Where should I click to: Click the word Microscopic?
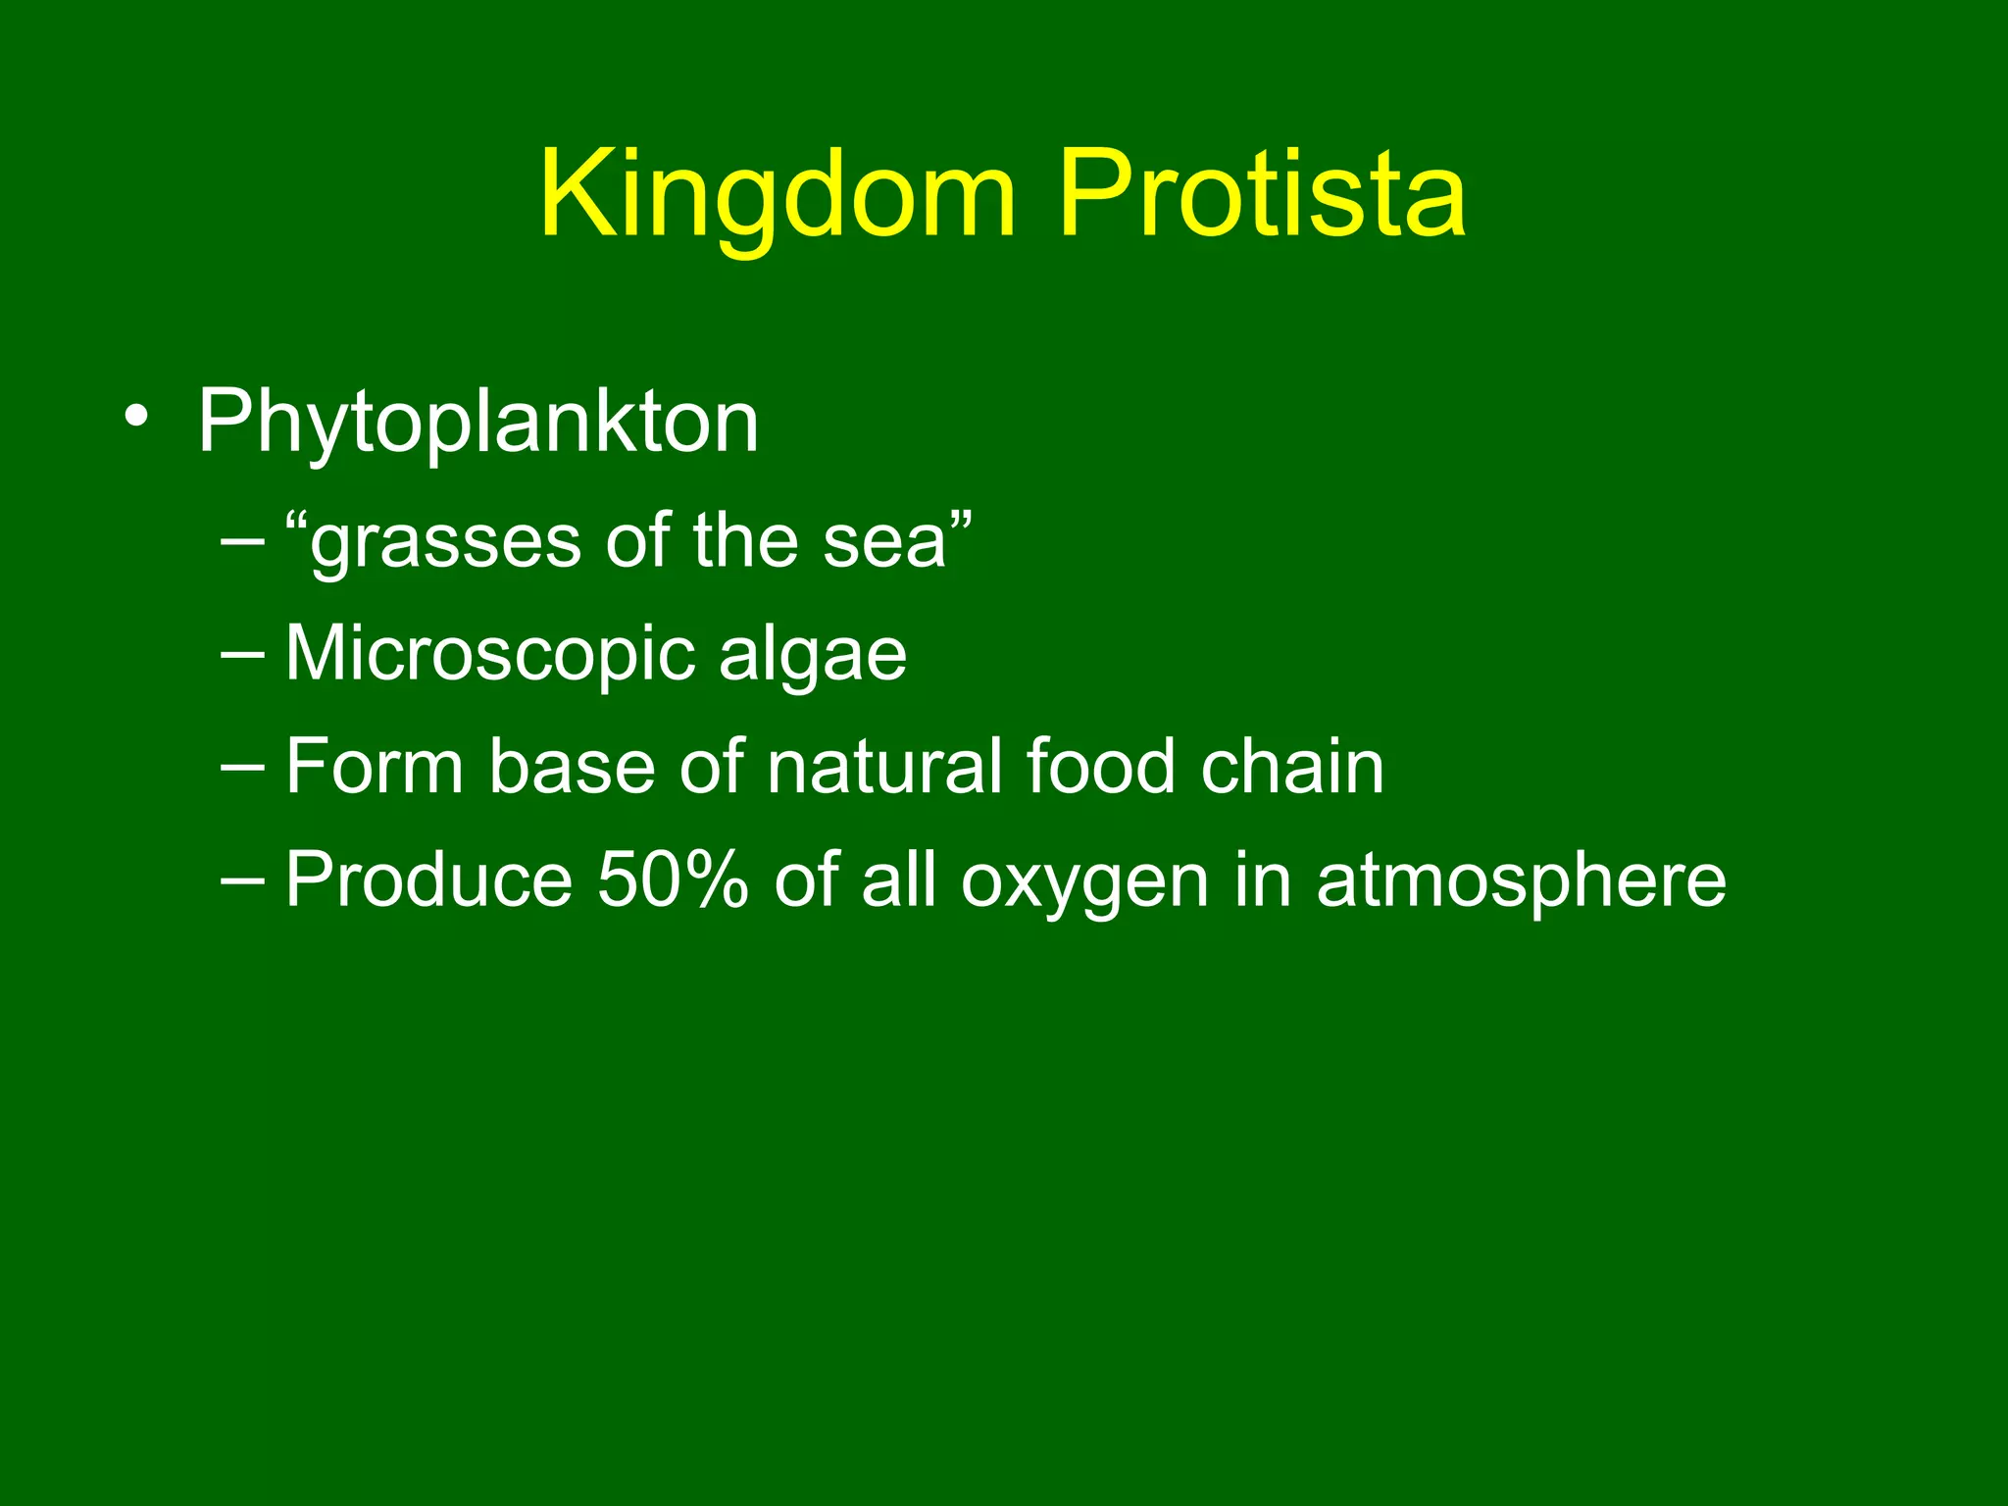pos(490,655)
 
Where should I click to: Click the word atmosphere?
pos(1521,879)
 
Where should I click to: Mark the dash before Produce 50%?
pos(242,881)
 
